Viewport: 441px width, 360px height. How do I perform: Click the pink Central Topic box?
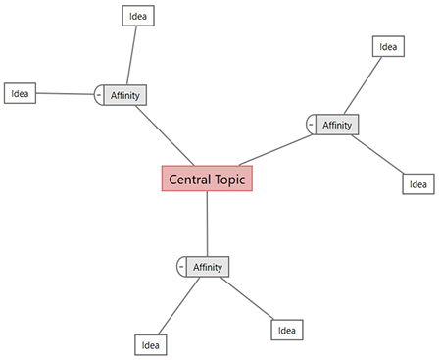click(x=207, y=180)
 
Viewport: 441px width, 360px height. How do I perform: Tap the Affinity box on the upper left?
click(x=125, y=95)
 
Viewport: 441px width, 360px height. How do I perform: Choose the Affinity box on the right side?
click(x=336, y=125)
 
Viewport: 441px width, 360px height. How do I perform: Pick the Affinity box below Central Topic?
click(x=207, y=267)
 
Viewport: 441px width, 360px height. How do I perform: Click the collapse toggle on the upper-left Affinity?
click(x=99, y=95)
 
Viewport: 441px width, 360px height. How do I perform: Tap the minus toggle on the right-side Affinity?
click(x=311, y=125)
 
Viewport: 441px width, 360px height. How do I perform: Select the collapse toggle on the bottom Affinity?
click(x=181, y=267)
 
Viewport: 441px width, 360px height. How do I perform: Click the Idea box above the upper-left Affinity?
click(x=138, y=16)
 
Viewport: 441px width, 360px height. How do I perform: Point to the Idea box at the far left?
click(x=20, y=94)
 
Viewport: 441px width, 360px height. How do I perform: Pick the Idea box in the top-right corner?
click(x=388, y=46)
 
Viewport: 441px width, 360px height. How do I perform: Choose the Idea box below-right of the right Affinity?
click(x=417, y=183)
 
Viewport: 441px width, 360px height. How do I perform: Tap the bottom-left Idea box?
click(x=150, y=344)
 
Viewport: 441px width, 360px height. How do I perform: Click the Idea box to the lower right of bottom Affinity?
click(x=286, y=330)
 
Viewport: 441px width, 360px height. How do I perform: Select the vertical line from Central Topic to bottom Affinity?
click(x=207, y=224)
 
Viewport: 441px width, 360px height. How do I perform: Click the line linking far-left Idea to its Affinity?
click(x=65, y=94)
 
